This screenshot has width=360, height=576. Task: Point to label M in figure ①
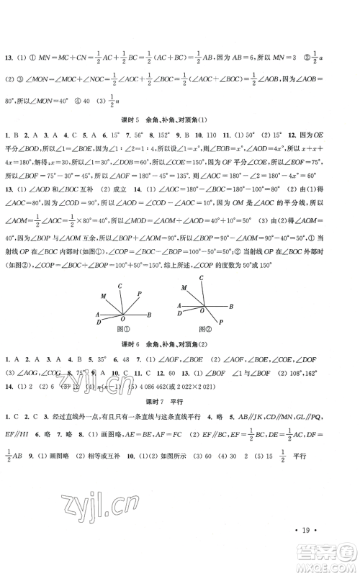coord(103,276)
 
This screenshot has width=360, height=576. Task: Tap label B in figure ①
coord(149,294)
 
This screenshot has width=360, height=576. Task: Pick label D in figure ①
coord(97,302)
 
